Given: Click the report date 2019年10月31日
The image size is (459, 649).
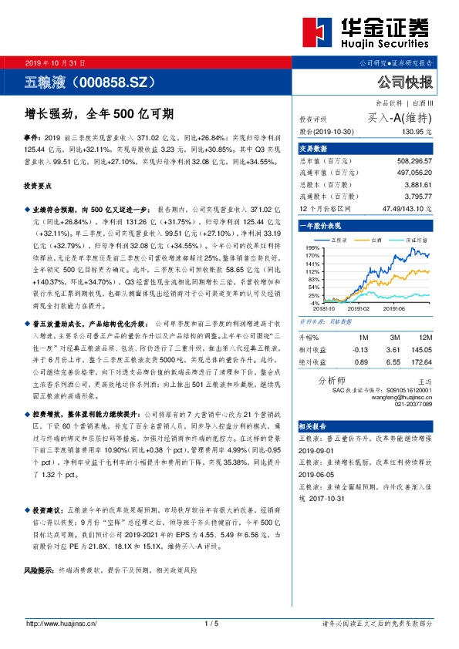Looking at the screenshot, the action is (55, 62).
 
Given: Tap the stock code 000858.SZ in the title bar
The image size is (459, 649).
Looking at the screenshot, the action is (116, 81).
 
